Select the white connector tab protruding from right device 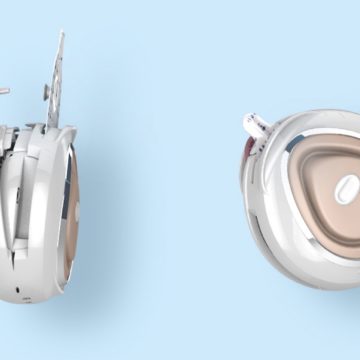254,126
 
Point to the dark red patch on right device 245,149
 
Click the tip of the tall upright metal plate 62,34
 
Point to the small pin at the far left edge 5,91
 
